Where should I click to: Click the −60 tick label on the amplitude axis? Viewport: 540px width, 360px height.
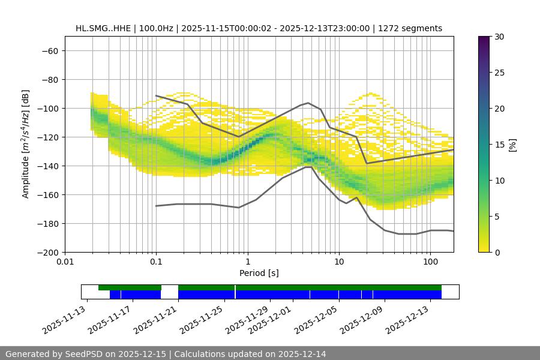click(49, 50)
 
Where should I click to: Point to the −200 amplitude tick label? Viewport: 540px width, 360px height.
click(47, 252)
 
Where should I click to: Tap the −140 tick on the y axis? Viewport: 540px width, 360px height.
click(47, 166)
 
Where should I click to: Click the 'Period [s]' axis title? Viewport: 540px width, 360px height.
click(259, 273)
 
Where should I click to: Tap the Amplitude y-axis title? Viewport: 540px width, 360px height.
click(26, 144)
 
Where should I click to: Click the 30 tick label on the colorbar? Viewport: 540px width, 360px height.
click(499, 37)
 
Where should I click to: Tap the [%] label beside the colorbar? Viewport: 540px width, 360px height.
click(512, 145)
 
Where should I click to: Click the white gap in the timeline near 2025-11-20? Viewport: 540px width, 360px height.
click(169, 292)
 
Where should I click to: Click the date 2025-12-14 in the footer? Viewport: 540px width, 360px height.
click(298, 354)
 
